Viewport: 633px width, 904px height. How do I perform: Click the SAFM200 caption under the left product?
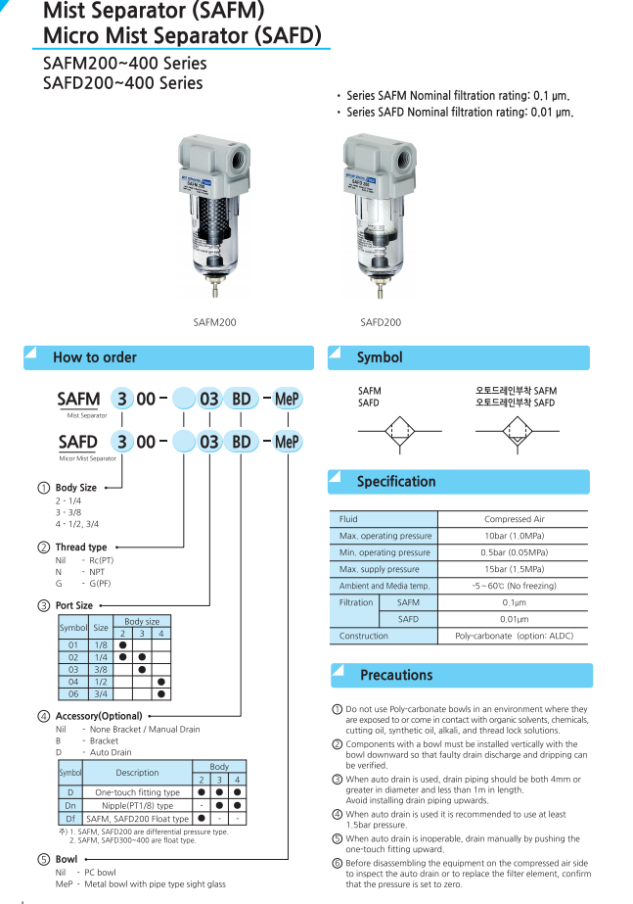pyautogui.click(x=215, y=321)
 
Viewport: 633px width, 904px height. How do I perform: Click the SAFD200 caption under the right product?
pyautogui.click(x=381, y=321)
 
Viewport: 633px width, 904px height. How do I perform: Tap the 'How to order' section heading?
pyautogui.click(x=95, y=357)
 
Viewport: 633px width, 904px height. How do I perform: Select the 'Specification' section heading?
pyautogui.click(x=396, y=482)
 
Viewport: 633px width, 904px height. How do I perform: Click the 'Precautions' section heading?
pyautogui.click(x=396, y=675)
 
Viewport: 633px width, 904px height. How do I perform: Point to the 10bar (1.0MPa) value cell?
pyautogui.click(x=514, y=536)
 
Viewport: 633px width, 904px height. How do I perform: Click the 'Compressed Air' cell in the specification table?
pyautogui.click(x=514, y=519)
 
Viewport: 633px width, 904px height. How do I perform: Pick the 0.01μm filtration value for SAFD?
pyautogui.click(x=514, y=619)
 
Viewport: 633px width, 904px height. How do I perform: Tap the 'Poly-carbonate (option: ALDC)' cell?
pyautogui.click(x=514, y=636)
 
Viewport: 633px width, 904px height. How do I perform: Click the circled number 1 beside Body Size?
pyautogui.click(x=43, y=488)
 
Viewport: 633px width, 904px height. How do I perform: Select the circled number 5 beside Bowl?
pyautogui.click(x=43, y=859)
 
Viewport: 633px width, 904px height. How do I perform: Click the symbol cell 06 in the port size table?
pyautogui.click(x=73, y=693)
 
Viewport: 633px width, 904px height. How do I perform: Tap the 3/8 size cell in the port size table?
pyautogui.click(x=101, y=669)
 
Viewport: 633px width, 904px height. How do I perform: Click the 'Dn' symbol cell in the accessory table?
pyautogui.click(x=70, y=805)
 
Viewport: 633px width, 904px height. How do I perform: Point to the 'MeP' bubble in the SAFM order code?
pyautogui.click(x=287, y=400)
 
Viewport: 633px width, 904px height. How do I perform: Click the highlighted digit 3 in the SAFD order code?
pyautogui.click(x=121, y=442)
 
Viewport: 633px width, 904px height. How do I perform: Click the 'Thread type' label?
pyautogui.click(x=81, y=547)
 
